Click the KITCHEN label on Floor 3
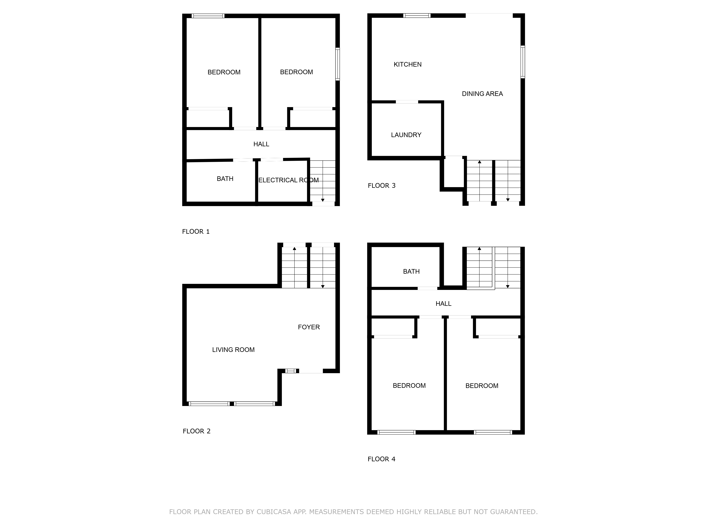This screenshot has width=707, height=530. (408, 64)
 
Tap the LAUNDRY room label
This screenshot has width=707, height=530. (406, 135)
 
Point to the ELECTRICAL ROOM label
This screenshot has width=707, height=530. (288, 180)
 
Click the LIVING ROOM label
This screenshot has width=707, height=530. (233, 350)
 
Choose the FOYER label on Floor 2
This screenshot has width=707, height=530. (309, 327)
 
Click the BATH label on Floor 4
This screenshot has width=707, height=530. (411, 272)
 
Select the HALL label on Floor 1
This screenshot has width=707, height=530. (261, 144)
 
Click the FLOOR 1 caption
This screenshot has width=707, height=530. (196, 232)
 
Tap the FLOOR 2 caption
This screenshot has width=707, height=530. (197, 431)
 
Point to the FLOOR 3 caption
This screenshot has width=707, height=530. (382, 186)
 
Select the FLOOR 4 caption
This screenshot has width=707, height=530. (381, 459)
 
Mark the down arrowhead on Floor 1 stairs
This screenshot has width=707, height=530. (323, 200)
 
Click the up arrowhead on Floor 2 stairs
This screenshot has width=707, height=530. (294, 249)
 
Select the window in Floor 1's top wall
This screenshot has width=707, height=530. (208, 16)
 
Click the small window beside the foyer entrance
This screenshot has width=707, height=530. (291, 371)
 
